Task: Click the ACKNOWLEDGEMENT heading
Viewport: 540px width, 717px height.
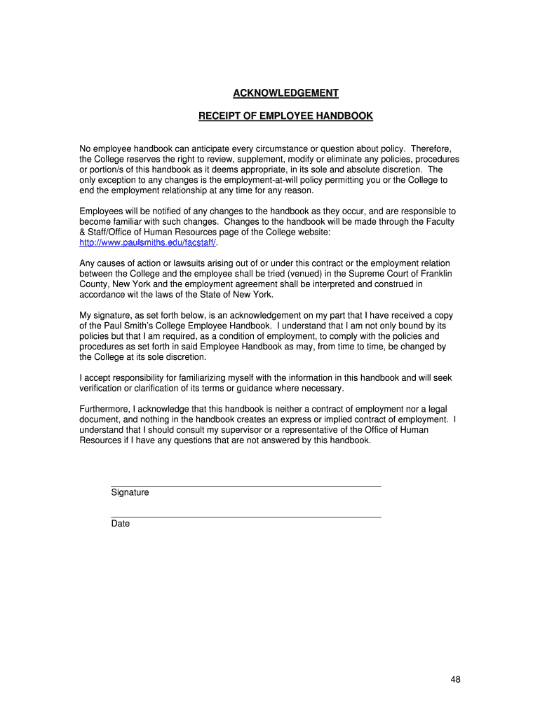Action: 285,93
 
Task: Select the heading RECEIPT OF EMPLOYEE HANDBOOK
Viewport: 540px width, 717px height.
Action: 285,116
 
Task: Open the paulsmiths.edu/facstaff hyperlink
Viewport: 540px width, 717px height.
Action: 148,242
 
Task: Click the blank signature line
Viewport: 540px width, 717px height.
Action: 245,485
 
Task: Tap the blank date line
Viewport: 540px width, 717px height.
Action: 245,516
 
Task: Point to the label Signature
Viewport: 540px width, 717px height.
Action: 130,492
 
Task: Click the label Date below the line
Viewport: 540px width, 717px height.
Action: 120,523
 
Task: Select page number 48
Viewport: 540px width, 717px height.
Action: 454,679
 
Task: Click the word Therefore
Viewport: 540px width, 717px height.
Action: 431,148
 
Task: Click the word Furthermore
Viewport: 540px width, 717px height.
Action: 105,409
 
